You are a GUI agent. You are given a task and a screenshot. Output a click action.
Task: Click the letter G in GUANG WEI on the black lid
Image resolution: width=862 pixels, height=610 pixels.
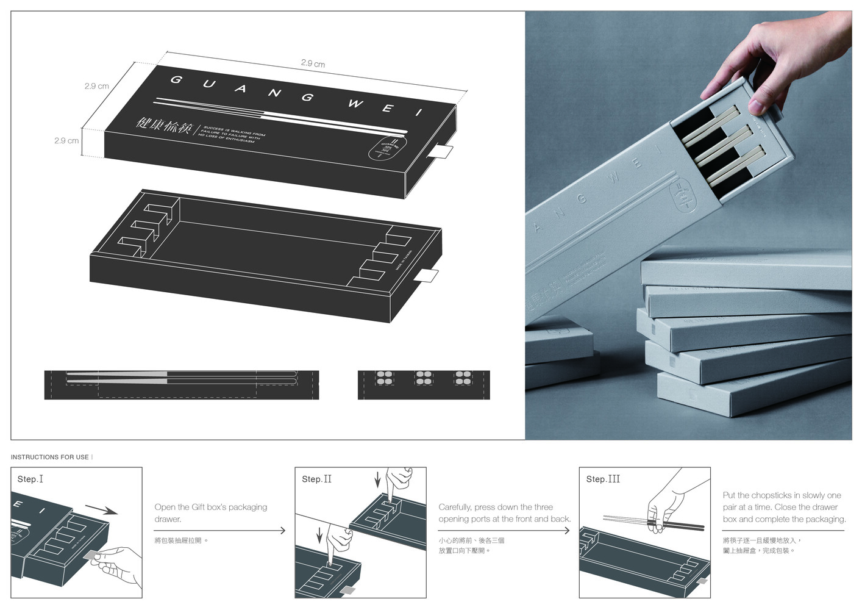pos(176,79)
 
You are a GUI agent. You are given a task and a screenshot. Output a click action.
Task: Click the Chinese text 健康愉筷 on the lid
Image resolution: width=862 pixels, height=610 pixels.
pos(164,126)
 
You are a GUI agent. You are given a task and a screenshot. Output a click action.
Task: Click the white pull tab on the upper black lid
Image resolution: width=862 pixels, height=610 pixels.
pos(441,151)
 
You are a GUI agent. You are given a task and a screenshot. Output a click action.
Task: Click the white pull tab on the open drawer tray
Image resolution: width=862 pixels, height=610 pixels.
pos(426,276)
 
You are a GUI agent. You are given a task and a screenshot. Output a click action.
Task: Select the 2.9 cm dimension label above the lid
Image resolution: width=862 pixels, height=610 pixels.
pos(313,63)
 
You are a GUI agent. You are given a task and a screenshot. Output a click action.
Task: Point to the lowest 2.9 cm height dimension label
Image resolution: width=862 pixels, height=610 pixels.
pos(66,140)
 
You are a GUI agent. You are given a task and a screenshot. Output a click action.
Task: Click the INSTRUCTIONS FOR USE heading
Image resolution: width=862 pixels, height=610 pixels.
pos(50,457)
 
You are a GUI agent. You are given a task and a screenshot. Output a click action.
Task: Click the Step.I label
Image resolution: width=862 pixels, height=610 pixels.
pos(30,479)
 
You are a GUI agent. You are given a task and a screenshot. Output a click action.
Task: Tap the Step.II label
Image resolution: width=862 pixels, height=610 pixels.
pos(316,479)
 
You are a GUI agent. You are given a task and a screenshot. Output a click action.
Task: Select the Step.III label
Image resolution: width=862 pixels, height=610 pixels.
pos(603,479)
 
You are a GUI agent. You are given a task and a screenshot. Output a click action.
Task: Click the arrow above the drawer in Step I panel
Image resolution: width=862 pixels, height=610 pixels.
pos(101,510)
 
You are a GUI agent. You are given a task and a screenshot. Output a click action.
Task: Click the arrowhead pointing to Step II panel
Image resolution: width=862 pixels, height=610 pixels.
pos(283,531)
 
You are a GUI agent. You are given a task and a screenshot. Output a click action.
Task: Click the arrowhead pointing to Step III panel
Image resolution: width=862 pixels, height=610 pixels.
pos(567,531)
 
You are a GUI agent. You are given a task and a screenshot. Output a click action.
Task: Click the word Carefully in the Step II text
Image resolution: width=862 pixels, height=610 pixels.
pos(455,507)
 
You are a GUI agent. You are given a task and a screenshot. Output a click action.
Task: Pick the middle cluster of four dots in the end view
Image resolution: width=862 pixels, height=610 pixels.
pos(424,378)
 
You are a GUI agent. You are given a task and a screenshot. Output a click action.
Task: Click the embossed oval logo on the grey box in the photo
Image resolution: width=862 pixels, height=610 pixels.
pos(682,195)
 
